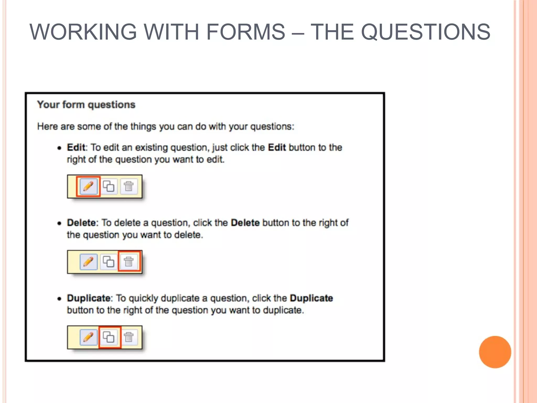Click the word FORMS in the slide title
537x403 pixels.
point(246,32)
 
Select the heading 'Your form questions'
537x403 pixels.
point(86,105)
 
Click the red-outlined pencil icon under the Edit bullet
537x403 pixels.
point(88,187)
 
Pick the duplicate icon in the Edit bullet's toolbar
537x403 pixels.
point(109,187)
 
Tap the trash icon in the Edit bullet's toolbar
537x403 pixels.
point(129,187)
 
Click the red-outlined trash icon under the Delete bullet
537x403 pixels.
point(129,262)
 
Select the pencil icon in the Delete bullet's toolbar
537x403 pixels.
point(88,262)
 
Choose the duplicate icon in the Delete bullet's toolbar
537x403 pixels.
point(109,262)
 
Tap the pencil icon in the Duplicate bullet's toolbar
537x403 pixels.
point(88,337)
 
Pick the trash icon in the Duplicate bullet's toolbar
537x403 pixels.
point(129,337)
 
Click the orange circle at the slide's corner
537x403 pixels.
point(495,352)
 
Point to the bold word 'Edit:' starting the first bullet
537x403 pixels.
point(77,147)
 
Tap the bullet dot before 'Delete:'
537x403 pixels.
point(60,224)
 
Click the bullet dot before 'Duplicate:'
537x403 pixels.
point(60,299)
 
